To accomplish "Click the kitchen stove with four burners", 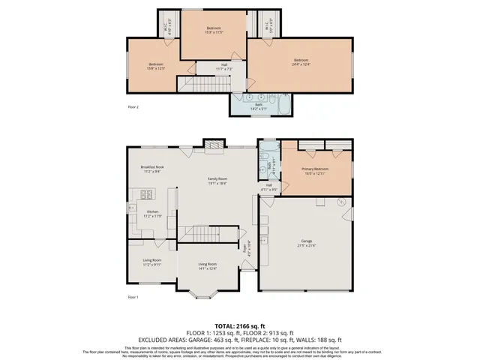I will [x=148, y=197].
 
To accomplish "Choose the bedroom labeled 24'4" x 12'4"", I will [x=301, y=61].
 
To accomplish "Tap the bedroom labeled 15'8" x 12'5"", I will [x=156, y=66].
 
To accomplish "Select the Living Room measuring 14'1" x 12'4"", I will [x=207, y=266].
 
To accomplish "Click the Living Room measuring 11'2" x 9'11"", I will [x=152, y=262].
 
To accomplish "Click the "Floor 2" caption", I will [x=133, y=107].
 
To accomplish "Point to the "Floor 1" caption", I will [x=133, y=298].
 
